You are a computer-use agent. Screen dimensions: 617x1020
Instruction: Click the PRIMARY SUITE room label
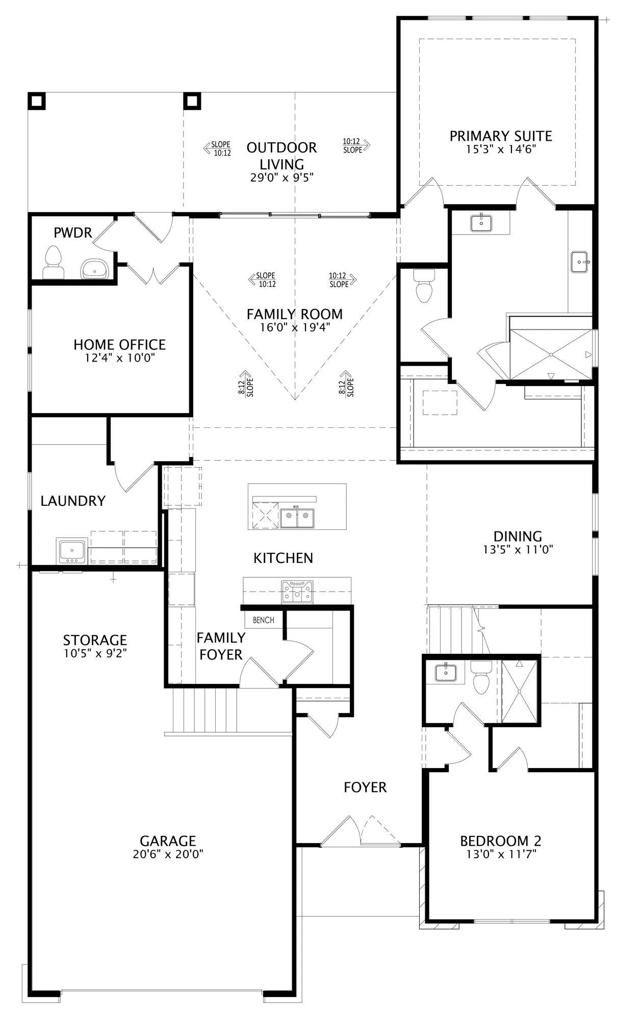click(x=501, y=136)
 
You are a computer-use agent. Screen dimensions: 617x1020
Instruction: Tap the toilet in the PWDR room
click(x=52, y=262)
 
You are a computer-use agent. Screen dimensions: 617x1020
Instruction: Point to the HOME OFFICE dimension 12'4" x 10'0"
click(x=119, y=358)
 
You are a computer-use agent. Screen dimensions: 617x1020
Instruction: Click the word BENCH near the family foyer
click(x=263, y=620)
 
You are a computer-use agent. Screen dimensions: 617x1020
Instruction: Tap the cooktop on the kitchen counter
click(x=298, y=592)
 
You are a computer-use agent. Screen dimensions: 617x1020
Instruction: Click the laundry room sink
click(x=73, y=551)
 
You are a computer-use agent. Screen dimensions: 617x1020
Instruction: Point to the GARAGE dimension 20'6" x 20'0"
click(x=168, y=854)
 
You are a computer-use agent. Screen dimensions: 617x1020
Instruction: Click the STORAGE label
click(x=95, y=640)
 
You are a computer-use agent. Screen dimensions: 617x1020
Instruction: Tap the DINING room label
click(x=518, y=536)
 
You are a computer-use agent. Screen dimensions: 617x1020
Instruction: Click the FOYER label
click(x=365, y=787)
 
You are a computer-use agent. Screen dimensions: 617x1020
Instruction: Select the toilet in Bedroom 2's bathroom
click(x=480, y=677)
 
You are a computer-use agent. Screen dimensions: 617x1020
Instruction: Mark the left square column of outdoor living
click(x=37, y=100)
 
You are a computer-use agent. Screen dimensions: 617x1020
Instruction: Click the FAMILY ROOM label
click(x=295, y=314)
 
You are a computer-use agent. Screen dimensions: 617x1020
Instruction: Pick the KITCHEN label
click(x=284, y=558)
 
